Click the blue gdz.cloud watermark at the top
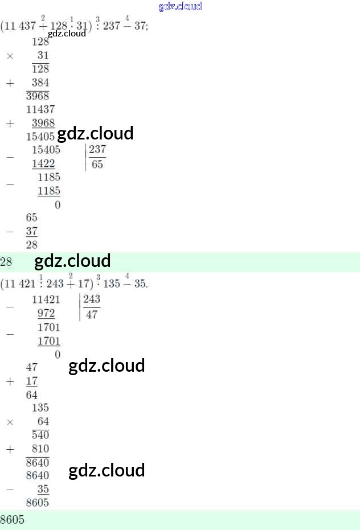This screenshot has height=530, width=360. coord(180,7)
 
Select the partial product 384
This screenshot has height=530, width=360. coord(40,83)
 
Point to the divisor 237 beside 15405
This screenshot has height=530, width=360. coord(97,150)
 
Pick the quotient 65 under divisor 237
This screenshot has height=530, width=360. coord(97,165)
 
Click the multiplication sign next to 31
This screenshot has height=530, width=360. coord(10,56)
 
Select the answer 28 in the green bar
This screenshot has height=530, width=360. coord(6,262)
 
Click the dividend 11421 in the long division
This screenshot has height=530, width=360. coord(46,299)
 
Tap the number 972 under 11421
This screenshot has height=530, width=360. coord(46,314)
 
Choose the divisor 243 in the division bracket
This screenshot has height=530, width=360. coord(92,299)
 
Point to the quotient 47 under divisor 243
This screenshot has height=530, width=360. coord(92,314)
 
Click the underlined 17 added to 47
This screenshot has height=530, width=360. coord(32,381)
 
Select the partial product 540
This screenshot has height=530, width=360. coord(40,435)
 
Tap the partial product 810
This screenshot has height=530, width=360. coord(40,449)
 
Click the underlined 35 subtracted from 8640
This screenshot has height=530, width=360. coord(43,490)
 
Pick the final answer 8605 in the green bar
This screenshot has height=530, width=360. coord(13,520)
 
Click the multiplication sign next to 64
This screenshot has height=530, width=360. coord(10,422)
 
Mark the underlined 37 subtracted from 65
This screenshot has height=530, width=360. coord(32,232)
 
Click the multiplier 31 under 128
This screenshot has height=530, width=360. coord(43,56)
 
